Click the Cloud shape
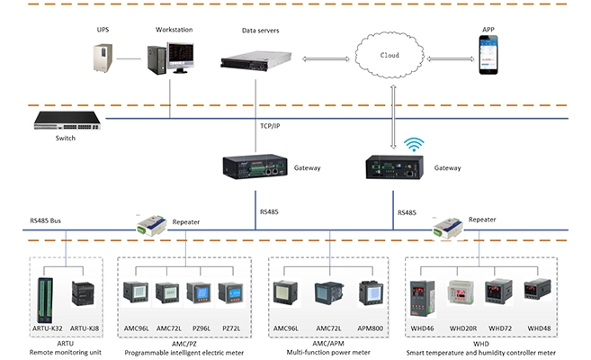[389, 56]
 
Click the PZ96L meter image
[200, 296]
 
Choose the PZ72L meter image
[231, 296]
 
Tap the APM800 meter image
[371, 295]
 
